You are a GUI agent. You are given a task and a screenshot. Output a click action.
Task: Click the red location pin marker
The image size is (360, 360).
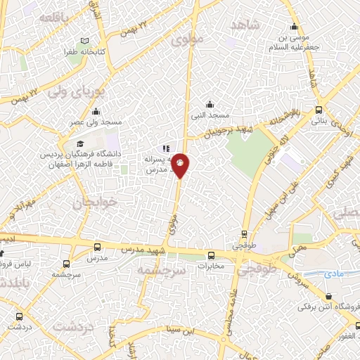[x=181, y=165]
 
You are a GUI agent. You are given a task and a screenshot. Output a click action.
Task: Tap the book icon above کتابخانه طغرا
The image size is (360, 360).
[x=85, y=41]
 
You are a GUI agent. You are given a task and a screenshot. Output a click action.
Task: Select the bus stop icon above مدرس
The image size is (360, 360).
[x=97, y=247]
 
